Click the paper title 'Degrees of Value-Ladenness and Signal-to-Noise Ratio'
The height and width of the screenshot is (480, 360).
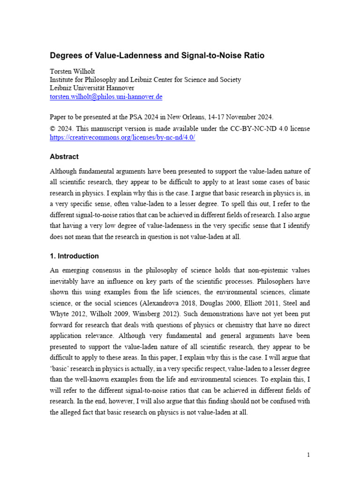point(157,55)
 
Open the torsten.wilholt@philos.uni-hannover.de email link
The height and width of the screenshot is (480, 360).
point(106,97)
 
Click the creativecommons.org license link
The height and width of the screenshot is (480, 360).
point(122,137)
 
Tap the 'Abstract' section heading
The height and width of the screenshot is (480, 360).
point(64,157)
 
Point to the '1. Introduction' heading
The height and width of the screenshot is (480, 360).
point(74,256)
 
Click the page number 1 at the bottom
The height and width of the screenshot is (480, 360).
point(308,455)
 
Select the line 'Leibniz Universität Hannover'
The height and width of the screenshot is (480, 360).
point(92,88)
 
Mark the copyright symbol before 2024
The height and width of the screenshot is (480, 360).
point(52,128)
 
